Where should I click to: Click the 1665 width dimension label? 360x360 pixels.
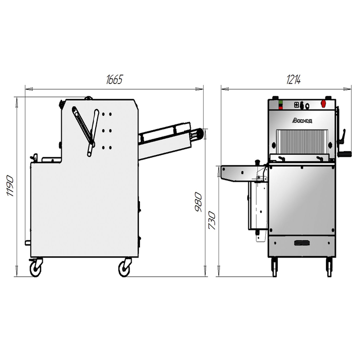[114, 79]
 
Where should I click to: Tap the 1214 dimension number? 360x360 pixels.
[294, 79]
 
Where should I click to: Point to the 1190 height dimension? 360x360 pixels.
[10, 186]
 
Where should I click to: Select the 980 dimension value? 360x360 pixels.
[198, 202]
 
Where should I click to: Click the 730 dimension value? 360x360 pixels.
[212, 221]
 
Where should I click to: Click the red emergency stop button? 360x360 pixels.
[323, 103]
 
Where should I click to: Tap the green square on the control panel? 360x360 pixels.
[281, 102]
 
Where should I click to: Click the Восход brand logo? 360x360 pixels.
[302, 120]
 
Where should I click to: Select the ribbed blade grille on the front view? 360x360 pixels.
[302, 141]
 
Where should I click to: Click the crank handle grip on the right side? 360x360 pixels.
[346, 154]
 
